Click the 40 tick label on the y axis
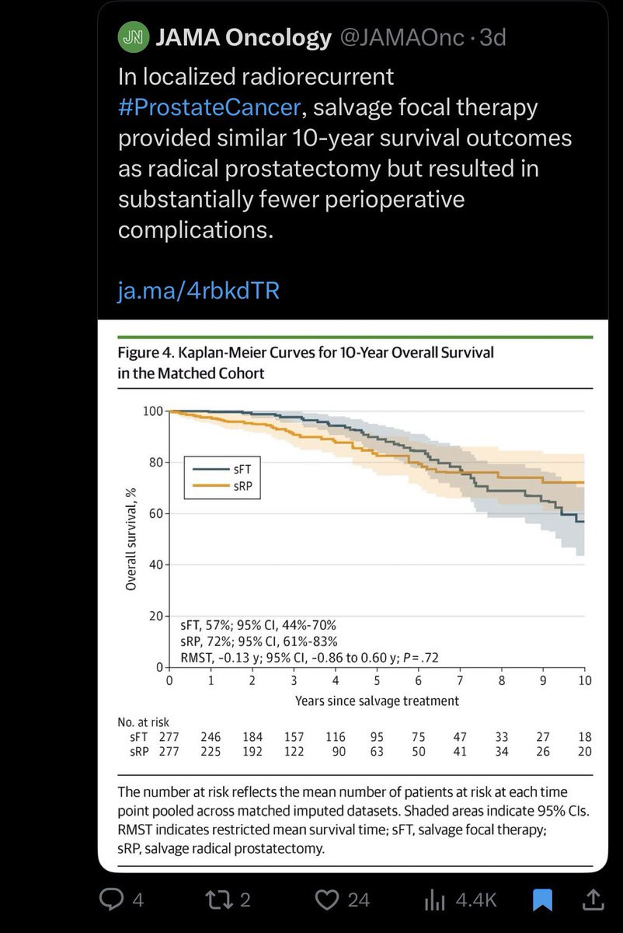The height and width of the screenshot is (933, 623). (154, 564)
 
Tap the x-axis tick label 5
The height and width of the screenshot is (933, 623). (377, 680)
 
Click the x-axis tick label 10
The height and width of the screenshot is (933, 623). (584, 680)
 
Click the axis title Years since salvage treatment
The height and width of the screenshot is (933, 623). (377, 701)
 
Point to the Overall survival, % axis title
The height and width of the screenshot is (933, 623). (131, 538)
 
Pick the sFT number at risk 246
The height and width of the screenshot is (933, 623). (211, 736)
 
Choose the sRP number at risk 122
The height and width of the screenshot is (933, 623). (294, 751)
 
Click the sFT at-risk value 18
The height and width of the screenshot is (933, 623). (584, 736)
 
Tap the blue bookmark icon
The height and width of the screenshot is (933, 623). (542, 900)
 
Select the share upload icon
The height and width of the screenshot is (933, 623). (593, 900)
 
